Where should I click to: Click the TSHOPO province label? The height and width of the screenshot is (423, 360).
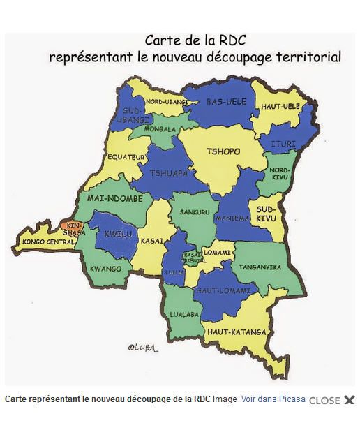click(223, 151)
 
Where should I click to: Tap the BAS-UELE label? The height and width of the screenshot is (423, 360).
click(227, 102)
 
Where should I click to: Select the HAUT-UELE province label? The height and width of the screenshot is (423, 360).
click(280, 106)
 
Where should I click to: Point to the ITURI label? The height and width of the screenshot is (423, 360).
click(285, 144)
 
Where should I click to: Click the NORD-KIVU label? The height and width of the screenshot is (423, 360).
click(280, 174)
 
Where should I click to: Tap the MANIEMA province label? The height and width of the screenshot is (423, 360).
click(232, 218)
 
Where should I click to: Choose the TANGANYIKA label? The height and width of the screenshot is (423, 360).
click(260, 267)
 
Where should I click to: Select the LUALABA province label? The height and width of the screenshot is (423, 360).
click(185, 315)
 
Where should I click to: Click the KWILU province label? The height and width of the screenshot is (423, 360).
click(117, 235)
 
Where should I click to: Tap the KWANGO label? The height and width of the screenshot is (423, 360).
click(106, 269)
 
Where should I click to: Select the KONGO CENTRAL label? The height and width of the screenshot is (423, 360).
click(48, 242)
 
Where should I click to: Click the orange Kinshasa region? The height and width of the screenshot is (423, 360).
click(73, 226)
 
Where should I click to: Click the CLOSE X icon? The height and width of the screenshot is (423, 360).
click(350, 400)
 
